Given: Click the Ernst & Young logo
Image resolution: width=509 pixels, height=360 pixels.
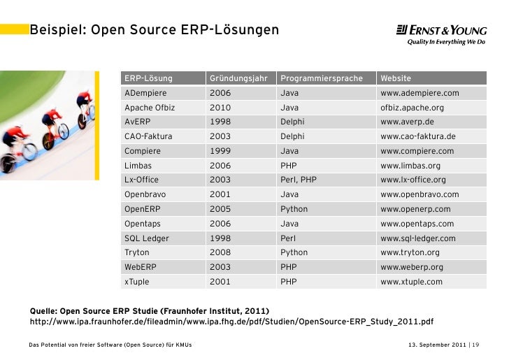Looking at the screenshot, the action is click(441, 34).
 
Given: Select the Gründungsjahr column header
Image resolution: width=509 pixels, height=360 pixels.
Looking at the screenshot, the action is click(238, 78).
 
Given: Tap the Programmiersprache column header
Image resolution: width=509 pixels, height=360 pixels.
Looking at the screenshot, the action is click(322, 78).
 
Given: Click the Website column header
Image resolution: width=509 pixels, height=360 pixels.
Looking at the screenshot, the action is click(396, 78).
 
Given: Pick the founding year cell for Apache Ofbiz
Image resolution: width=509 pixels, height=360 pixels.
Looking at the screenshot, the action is click(220, 108).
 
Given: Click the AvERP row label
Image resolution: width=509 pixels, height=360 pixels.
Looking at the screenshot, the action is click(137, 122).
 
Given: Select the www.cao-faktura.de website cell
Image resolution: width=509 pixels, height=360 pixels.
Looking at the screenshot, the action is click(418, 136).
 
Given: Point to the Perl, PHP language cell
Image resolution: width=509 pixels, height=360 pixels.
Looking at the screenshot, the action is click(299, 180).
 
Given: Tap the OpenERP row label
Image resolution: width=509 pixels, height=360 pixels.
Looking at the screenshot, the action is click(143, 209).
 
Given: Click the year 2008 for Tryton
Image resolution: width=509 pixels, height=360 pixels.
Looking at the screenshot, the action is click(220, 252).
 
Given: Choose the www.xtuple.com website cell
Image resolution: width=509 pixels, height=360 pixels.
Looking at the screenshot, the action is click(411, 282).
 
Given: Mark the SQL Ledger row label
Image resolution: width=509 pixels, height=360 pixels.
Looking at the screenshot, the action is click(147, 238).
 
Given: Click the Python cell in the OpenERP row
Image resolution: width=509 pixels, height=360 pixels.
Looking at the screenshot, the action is click(294, 209).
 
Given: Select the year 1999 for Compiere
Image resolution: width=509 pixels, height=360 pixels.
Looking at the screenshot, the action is click(220, 151).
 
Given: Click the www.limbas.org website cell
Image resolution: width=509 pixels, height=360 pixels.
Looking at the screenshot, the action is click(410, 166).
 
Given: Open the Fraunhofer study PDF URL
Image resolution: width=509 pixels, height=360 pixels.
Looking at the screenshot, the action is click(232, 322).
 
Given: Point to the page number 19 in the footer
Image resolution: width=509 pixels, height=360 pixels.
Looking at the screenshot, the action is click(475, 345).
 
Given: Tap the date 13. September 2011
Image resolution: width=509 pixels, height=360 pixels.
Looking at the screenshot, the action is click(437, 345).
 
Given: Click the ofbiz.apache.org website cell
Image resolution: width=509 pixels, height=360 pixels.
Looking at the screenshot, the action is click(412, 108).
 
